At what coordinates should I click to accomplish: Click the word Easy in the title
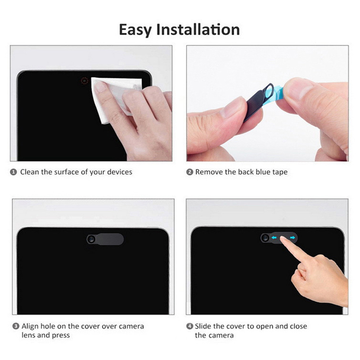click(x=135, y=30)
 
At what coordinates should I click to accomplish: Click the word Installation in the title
click(x=198, y=29)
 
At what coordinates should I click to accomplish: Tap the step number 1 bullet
click(x=13, y=172)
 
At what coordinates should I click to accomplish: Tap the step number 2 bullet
click(x=189, y=172)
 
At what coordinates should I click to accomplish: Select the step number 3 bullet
click(x=16, y=326)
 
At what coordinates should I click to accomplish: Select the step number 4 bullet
click(x=189, y=326)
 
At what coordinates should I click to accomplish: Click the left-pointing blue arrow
click(x=274, y=238)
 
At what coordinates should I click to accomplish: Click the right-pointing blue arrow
click(x=292, y=238)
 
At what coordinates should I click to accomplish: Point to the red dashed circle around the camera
click(x=85, y=81)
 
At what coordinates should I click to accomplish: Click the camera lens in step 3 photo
click(x=91, y=239)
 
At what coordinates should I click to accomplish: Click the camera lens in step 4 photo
click(x=265, y=238)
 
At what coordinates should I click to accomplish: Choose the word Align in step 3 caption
click(x=30, y=327)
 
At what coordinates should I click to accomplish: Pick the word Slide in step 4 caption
click(x=203, y=326)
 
